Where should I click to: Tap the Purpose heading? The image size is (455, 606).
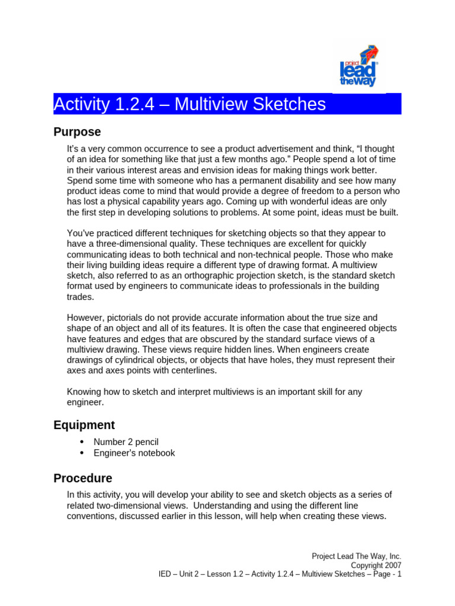pyautogui.click(x=77, y=132)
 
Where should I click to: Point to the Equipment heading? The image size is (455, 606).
pyautogui.click(x=84, y=425)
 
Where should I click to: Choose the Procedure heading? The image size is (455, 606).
pyautogui.click(x=82, y=478)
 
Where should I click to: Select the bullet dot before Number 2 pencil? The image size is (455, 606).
pyautogui.click(x=82, y=442)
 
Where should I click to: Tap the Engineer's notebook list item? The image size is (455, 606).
pyautogui.click(x=134, y=453)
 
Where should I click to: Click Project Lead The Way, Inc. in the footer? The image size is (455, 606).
pyautogui.click(x=357, y=556)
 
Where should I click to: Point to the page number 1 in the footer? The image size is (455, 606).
pyautogui.click(x=399, y=574)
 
